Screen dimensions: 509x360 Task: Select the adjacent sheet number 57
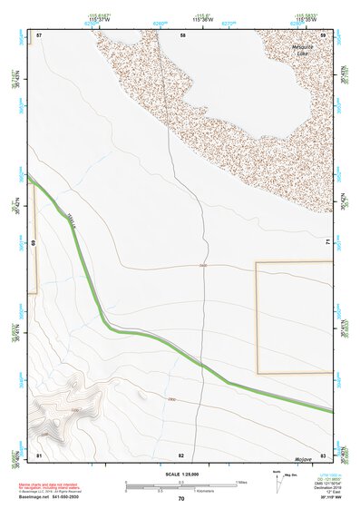click(x=39, y=34)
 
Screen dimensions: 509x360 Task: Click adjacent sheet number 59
click(x=324, y=34)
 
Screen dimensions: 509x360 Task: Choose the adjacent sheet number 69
click(x=34, y=243)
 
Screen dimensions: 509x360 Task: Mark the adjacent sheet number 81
click(x=39, y=454)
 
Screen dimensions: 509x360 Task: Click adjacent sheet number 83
click(x=324, y=454)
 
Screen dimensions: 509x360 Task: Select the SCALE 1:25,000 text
click(x=182, y=474)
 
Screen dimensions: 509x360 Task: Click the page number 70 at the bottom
click(x=181, y=499)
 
